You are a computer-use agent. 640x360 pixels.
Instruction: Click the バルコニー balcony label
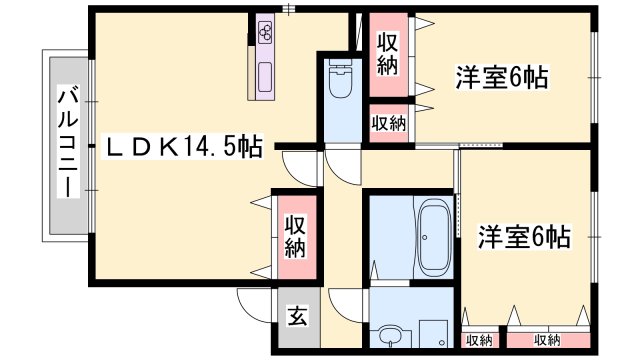coord(68,143)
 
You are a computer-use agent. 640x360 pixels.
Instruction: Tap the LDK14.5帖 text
coord(184,147)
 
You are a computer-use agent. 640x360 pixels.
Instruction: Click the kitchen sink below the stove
coord(266,74)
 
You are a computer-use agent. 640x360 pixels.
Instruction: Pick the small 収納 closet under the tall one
coord(389,124)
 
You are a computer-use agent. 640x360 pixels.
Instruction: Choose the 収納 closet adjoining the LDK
coord(293,236)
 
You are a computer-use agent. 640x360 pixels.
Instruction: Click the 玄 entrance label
coord(297,319)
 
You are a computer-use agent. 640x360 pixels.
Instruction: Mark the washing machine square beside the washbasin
coord(433,334)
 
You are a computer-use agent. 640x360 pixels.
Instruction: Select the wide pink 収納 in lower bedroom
coord(547,340)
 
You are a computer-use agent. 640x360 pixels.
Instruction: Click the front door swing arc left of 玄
coord(252,303)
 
